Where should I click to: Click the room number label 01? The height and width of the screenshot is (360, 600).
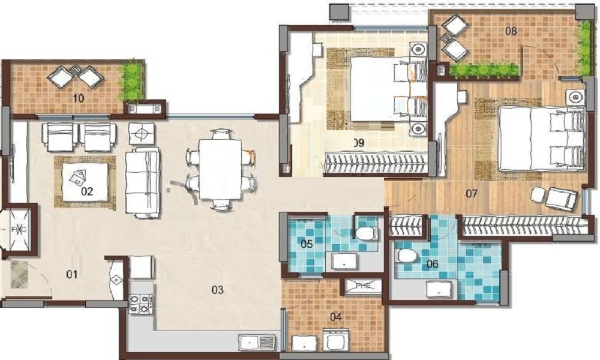coord(72,275)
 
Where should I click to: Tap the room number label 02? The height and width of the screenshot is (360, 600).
coord(87,192)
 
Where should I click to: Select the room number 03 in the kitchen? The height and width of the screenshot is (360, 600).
coord(217,290)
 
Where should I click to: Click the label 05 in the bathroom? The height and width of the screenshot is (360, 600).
coord(306,244)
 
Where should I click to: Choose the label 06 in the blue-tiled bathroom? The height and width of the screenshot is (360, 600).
coord(432,263)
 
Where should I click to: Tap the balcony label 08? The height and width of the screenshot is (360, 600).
coord(511,31)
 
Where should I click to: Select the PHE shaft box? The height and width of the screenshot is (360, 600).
coord(362,287)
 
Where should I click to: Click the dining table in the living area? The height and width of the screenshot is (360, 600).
coord(220,169)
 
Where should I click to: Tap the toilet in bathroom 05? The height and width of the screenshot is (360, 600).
coord(365,232)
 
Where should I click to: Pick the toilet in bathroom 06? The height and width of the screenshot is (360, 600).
coord(406,256)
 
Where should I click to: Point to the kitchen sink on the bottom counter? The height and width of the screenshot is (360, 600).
coord(257,342)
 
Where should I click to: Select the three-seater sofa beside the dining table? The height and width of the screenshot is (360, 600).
coord(143,182)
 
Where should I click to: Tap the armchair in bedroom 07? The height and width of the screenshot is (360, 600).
coord(559,199)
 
